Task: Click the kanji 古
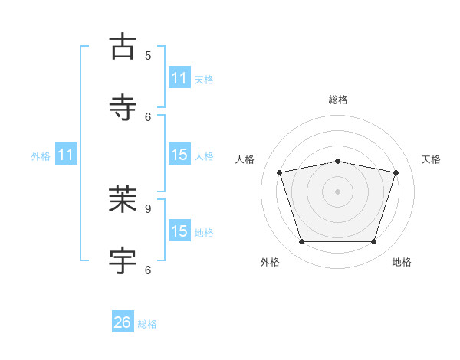coord(123,46)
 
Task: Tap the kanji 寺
coord(123,107)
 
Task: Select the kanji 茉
coord(123,199)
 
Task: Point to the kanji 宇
coord(123,260)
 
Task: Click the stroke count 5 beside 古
coord(148,56)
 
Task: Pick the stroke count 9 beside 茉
coord(148,209)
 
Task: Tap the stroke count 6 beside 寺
coord(148,117)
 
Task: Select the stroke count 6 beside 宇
coord(148,270)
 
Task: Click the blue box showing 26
coord(123,321)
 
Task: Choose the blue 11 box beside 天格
coord(180,77)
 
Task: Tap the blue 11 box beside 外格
coord(66,154)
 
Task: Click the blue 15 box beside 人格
coord(180,154)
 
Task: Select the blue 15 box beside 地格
coord(180,230)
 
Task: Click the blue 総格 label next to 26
coord(147,324)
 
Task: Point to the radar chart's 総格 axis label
coord(338,100)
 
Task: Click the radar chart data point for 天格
coord(396,172)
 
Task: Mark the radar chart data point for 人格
coord(280,172)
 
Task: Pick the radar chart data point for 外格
coord(302,241)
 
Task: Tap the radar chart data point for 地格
coord(374,241)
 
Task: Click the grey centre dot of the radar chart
coord(337,191)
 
